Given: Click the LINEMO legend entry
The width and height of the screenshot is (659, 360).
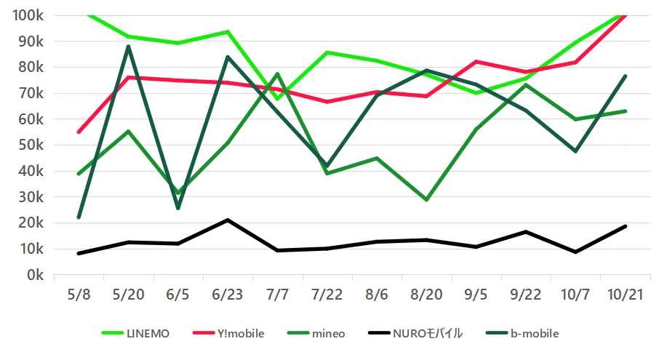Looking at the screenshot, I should click(137, 333).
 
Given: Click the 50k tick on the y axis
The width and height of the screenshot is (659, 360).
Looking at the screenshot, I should click(32, 145).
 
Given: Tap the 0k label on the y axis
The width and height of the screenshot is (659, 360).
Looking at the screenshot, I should click(36, 275).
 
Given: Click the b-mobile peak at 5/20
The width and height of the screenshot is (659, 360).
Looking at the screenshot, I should click(128, 47).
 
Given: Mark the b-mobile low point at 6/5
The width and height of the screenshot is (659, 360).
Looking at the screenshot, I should click(177, 208).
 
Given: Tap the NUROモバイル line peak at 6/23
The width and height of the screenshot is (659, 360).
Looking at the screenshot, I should click(228, 220).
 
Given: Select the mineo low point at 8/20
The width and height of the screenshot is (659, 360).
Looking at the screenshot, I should click(426, 199).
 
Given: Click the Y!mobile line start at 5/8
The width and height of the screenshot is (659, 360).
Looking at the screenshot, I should click(79, 132).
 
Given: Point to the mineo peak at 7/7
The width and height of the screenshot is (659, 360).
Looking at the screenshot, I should click(277, 73).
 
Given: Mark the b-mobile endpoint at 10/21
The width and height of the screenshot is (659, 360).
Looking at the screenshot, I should click(625, 76).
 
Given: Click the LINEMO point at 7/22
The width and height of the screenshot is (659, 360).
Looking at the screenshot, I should click(327, 52).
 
